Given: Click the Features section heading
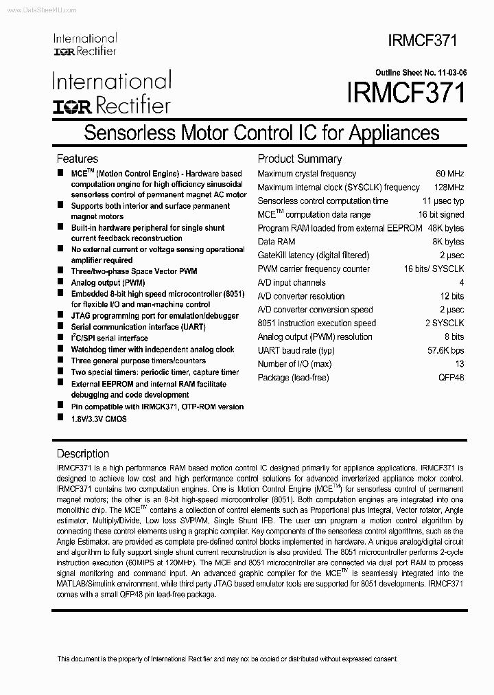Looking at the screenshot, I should [x=77, y=159].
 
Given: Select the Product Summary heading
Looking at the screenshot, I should [x=299, y=159].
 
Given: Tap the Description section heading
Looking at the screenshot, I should [x=82, y=453].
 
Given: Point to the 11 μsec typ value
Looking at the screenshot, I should [x=443, y=201].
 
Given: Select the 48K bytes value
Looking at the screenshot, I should [x=445, y=228].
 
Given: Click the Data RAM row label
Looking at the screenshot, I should [x=277, y=242].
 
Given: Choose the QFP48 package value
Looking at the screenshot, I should [x=451, y=378].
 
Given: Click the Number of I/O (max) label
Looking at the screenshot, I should [x=294, y=364].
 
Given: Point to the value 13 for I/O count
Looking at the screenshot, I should [x=459, y=364].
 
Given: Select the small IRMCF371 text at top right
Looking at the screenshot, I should [x=425, y=41].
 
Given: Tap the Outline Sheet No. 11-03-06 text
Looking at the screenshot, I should [x=419, y=72].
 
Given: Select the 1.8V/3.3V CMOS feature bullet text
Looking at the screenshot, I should [x=99, y=418].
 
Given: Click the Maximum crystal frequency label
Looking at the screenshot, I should [x=307, y=174].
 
